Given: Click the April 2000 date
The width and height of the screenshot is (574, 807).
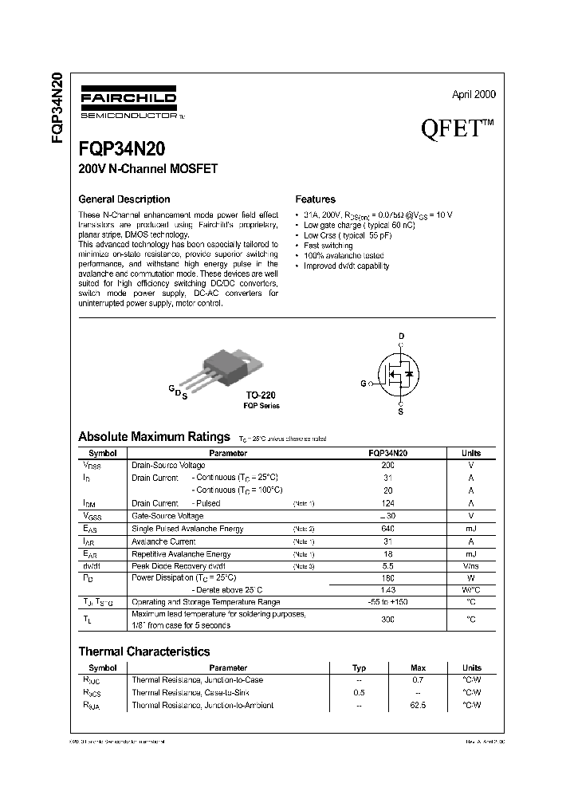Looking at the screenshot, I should coord(474,94).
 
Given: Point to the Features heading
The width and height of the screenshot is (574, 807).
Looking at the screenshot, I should coord(315,199).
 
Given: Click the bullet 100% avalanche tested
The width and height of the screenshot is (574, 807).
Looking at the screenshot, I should coord(340,256).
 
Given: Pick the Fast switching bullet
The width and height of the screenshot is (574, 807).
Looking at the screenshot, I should coord(328,246).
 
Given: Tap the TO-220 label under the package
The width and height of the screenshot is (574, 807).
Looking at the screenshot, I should coord(261,395).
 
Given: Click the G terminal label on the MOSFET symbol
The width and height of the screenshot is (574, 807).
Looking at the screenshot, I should coord(363,384).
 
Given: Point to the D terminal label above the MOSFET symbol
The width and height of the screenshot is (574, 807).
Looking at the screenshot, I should coord(401,335).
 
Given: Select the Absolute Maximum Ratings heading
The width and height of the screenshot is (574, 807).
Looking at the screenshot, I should coord(155,437).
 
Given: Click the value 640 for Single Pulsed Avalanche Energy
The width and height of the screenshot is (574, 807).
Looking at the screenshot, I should coord(387,529).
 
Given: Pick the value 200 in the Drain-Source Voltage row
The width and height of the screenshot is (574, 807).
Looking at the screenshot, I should coord(387,465).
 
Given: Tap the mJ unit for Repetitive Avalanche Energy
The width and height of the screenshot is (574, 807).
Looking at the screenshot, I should coord(470,553).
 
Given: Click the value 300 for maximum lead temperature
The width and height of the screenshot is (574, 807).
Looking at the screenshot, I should coord(387,619).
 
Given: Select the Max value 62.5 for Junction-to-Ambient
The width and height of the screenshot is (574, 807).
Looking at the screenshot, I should coord(418,705).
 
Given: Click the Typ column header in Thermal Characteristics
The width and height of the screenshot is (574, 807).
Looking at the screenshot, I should coord(359,667).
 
